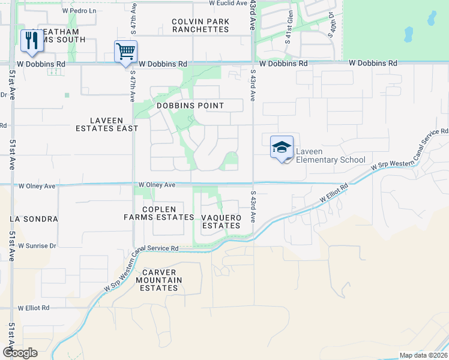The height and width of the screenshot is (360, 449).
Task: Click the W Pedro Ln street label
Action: tap(79, 11)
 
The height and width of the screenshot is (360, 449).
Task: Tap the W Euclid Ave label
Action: tap(228, 3)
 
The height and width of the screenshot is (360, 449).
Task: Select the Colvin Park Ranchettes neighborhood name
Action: tap(200, 25)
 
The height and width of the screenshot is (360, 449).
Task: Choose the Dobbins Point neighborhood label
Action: tap(190, 106)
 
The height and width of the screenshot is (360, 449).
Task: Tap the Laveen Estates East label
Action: tap(107, 124)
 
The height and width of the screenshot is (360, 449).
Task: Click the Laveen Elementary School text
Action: tap(331, 156)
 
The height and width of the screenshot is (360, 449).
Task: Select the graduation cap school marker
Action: tap(282, 147)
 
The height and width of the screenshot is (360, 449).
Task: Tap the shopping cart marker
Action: tap(125, 51)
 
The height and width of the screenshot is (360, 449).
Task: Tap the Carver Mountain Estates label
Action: tap(159, 280)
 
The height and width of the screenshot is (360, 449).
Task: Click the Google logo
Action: tap(20, 353)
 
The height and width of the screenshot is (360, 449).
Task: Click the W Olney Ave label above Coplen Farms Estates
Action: tap(157, 185)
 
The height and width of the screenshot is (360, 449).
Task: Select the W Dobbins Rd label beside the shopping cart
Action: tap(163, 63)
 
